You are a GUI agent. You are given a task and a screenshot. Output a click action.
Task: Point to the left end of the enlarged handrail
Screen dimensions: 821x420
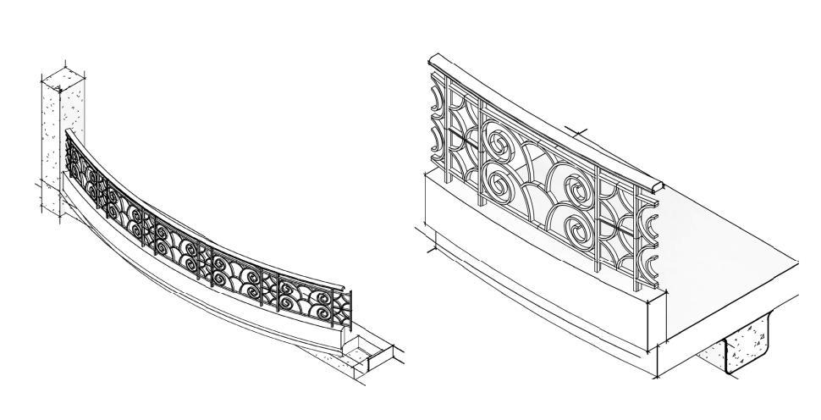[x=433, y=61]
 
